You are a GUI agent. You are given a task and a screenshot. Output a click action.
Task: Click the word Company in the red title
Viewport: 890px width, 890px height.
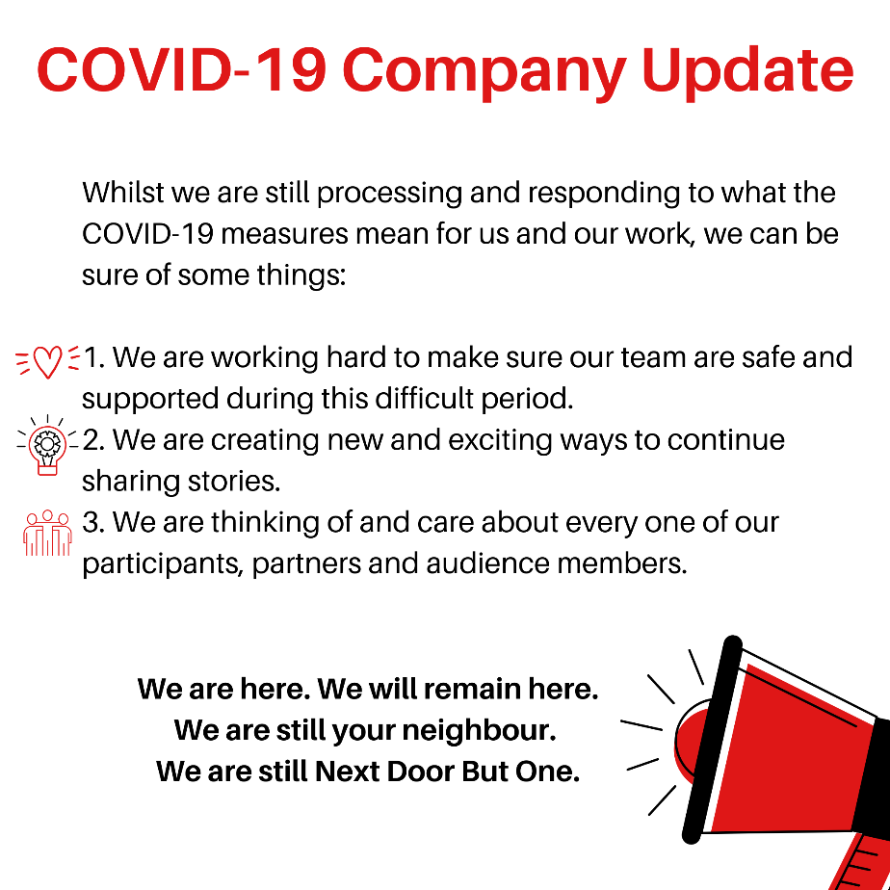484,72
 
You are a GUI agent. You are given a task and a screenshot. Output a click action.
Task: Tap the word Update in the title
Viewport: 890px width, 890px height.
747,72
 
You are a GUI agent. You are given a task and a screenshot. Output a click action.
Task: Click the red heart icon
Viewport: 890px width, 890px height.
48,361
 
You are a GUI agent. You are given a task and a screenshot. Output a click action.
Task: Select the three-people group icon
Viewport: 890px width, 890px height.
48,533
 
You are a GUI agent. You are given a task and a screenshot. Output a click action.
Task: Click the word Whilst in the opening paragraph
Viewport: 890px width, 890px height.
123,193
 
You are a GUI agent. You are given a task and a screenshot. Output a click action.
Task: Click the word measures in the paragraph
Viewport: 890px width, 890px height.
284,234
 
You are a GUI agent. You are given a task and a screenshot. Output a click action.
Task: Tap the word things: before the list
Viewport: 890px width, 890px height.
301,276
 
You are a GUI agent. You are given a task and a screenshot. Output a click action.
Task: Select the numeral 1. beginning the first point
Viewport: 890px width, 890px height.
94,358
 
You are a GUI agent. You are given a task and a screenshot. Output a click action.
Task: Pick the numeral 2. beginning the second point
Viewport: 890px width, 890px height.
93,440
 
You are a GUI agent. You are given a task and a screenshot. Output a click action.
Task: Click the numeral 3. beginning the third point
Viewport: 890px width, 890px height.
93,523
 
